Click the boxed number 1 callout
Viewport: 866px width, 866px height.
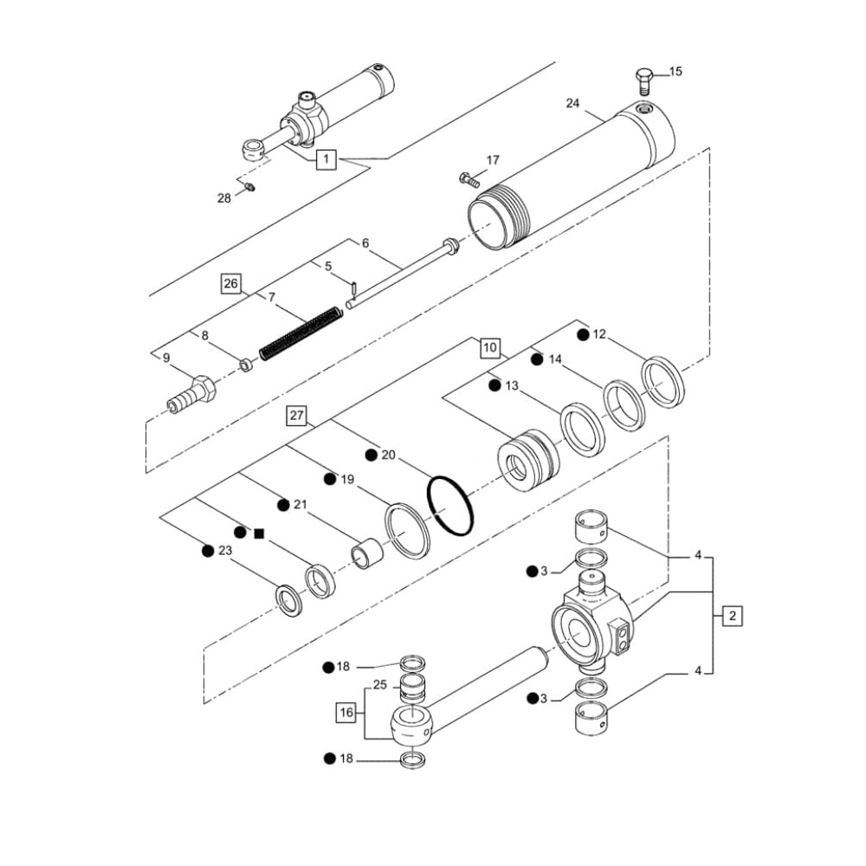(x=326, y=159)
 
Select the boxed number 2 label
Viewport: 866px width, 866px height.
(x=732, y=617)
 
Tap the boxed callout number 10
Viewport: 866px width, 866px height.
(x=490, y=349)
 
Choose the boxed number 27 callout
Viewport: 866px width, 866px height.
(x=297, y=417)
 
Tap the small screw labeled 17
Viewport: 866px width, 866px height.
(x=467, y=180)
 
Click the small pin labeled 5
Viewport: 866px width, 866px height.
(x=355, y=289)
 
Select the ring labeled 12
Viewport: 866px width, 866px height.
(x=662, y=380)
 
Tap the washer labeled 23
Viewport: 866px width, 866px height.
(x=288, y=599)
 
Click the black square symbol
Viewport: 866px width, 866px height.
(x=258, y=533)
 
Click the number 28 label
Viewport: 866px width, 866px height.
(x=223, y=197)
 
